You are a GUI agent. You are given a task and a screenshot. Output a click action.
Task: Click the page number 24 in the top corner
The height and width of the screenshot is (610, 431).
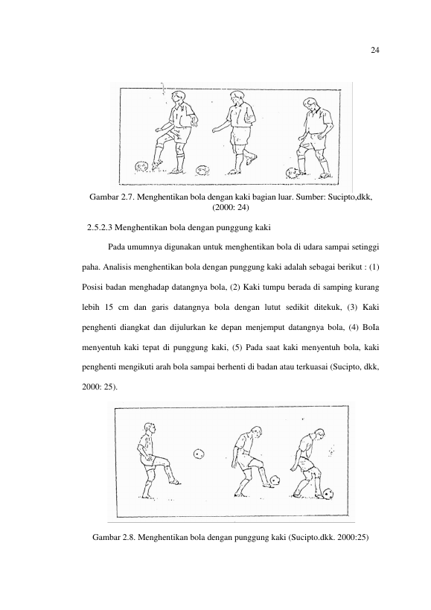pos(374,50)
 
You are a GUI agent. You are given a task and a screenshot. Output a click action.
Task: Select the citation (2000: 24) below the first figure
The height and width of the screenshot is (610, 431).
pos(231,207)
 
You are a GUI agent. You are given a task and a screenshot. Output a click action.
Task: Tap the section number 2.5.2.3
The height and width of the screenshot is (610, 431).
pos(100,228)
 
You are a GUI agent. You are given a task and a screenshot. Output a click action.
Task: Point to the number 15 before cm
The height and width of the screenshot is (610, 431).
pos(109,308)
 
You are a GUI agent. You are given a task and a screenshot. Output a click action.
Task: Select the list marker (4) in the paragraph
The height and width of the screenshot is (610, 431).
pos(353,327)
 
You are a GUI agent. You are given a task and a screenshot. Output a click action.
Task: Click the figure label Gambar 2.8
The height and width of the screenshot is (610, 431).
pos(114,538)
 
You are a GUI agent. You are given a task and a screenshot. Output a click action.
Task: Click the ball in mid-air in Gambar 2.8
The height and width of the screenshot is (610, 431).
pos(199,454)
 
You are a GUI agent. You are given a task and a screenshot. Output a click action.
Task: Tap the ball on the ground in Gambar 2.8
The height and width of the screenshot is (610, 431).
pos(328,495)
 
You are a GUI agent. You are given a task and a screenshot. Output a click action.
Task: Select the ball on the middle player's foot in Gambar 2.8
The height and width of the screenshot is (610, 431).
pos(275,480)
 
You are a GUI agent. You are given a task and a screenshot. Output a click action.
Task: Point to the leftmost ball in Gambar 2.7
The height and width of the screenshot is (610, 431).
pos(141,167)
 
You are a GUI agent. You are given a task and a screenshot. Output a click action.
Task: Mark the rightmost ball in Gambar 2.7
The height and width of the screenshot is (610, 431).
pos(292,172)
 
